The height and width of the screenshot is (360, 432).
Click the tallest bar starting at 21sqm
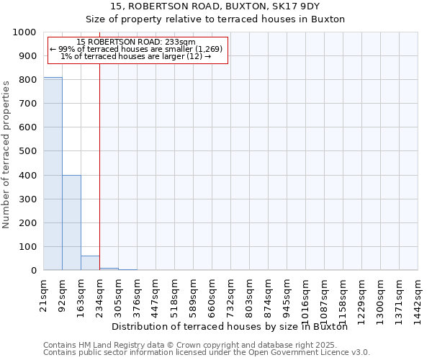(53, 174)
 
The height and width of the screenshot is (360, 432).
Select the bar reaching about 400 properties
(71, 222)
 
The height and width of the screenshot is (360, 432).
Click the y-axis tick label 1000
(24, 32)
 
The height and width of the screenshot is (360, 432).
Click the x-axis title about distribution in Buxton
(230, 326)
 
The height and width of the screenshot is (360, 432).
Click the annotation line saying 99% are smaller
(136, 49)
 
